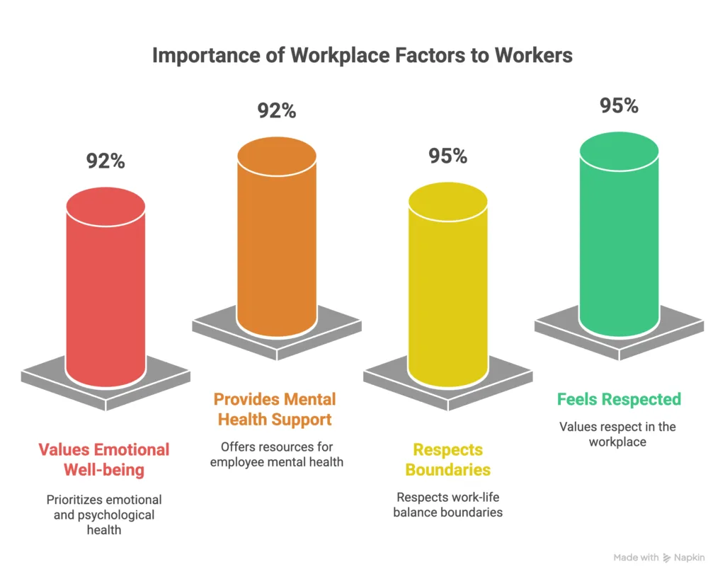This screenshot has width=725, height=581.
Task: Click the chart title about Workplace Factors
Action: click(x=362, y=55)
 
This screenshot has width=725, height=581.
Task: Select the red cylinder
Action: click(x=105, y=290)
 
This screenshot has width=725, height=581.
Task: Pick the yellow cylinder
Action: click(x=447, y=290)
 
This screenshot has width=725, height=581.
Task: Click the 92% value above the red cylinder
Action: click(x=105, y=161)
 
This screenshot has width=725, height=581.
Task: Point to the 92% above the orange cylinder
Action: click(x=277, y=111)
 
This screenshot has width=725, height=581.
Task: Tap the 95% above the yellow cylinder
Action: click(x=447, y=156)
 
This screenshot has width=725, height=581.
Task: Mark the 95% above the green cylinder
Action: click(x=619, y=105)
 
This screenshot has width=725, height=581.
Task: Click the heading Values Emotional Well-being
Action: click(x=104, y=459)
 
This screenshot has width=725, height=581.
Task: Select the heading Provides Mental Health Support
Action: click(x=275, y=409)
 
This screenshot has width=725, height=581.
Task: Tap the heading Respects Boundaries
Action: click(x=447, y=459)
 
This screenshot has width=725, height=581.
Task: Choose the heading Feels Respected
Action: click(x=619, y=399)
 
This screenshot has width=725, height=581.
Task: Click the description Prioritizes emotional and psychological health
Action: click(x=104, y=514)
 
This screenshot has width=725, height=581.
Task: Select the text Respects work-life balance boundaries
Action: click(x=447, y=504)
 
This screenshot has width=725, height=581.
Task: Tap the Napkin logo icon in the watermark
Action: click(x=667, y=558)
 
